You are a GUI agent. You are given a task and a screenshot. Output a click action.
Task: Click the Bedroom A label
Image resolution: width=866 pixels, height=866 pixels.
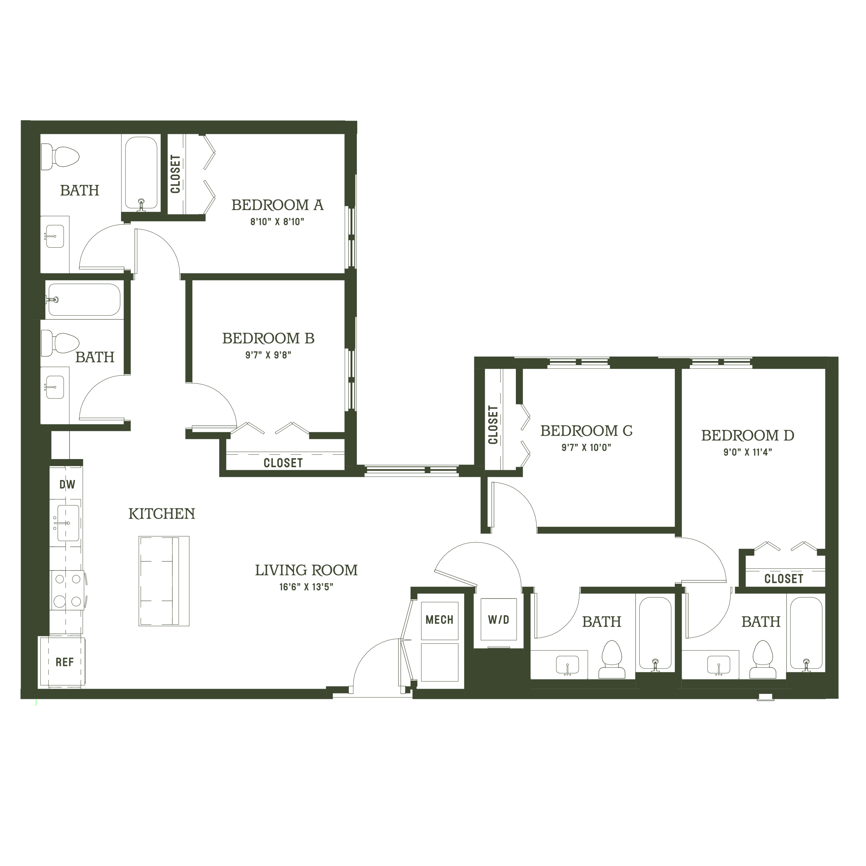coord(277,205)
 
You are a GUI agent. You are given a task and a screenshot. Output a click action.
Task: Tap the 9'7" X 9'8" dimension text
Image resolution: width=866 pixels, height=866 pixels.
coord(268,355)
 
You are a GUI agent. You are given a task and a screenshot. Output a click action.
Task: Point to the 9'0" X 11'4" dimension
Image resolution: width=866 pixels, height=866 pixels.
coord(748,452)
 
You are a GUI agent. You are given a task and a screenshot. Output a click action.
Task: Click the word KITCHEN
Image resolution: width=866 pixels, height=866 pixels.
coord(162,514)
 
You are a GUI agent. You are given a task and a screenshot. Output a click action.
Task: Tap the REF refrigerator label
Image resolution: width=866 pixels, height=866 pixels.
coord(65,662)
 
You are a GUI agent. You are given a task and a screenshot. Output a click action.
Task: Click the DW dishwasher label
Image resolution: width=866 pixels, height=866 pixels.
coord(67,484)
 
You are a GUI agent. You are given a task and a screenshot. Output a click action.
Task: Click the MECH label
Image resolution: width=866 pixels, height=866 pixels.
coord(439,620)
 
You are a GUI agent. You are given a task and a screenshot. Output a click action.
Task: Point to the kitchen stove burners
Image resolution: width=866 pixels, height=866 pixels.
coord(67,590)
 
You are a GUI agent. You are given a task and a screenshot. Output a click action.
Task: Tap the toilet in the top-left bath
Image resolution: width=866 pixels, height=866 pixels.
coord(60,157)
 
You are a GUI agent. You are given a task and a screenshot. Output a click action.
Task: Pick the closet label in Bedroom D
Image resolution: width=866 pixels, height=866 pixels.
coord(783,579)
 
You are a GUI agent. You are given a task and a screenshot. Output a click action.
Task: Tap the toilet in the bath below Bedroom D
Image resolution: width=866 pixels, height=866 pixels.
coord(762,659)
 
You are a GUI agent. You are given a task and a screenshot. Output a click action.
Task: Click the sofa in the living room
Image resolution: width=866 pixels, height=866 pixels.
coord(164,580)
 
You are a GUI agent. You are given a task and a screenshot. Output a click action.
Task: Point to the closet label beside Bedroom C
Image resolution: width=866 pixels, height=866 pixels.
coord(493,425)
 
